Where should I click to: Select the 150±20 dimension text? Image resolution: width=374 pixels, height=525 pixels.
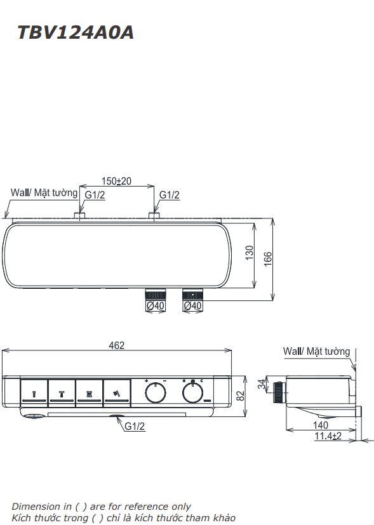pos(117,181)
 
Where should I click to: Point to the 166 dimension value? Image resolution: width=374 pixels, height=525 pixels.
pos(267,257)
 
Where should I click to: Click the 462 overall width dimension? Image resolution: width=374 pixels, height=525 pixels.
pos(117,345)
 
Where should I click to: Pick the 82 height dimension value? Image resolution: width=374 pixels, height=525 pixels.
pos(240,395)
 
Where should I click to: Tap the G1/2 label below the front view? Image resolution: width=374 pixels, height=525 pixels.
pos(135,427)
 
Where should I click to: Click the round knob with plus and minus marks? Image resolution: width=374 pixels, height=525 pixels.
pos(155,394)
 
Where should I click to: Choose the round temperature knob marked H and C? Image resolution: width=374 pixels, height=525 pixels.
pos(191,394)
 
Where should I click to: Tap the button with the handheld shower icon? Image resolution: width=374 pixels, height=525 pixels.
pos(117,394)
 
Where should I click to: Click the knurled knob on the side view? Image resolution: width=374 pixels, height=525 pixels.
pos(278,392)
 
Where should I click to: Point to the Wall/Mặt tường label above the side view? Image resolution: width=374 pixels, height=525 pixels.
pos(316,351)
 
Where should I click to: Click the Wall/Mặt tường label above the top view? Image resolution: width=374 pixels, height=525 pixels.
pos(44,192)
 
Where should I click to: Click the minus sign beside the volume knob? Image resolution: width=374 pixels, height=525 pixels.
pos(164,381)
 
